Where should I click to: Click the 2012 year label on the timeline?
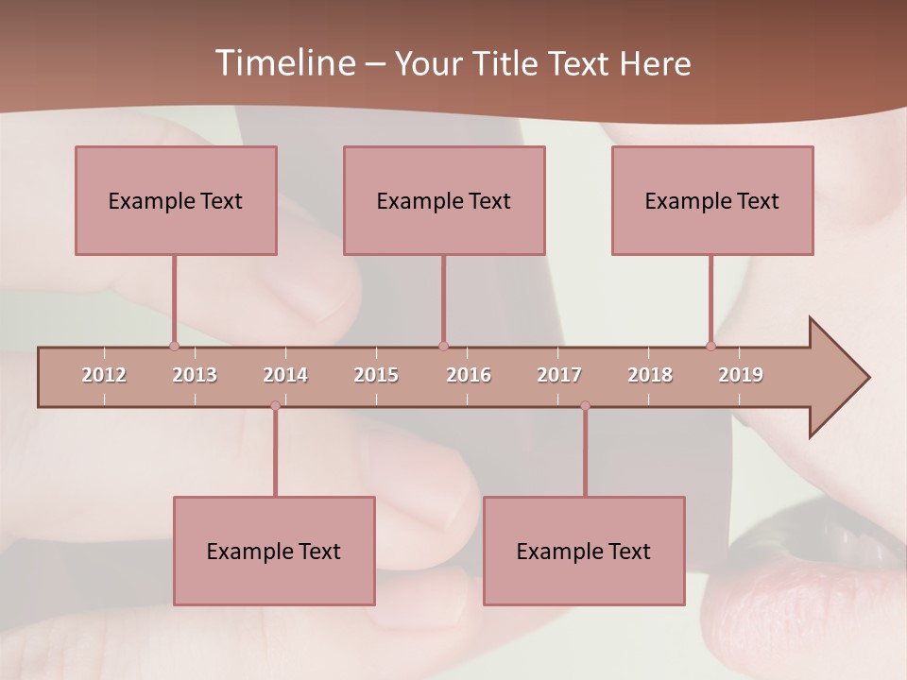point(104,375)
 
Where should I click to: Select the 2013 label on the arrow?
point(195,375)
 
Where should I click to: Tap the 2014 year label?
point(285,375)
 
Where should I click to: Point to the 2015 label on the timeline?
point(376,375)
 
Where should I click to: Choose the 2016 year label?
point(469,375)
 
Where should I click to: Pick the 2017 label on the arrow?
point(559,375)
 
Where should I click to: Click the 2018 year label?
point(650,375)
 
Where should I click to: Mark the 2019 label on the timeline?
point(741,375)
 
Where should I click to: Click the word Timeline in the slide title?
point(282,63)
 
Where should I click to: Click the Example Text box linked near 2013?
point(176,200)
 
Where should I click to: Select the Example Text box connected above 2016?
point(444,200)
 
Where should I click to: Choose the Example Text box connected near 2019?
point(712,200)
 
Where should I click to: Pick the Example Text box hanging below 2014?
point(274,551)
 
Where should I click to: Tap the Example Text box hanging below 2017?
point(584,551)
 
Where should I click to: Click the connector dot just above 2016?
point(443,346)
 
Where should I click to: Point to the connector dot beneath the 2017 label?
point(585,406)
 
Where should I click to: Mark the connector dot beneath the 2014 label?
point(275,406)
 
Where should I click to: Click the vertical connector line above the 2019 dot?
point(711,298)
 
